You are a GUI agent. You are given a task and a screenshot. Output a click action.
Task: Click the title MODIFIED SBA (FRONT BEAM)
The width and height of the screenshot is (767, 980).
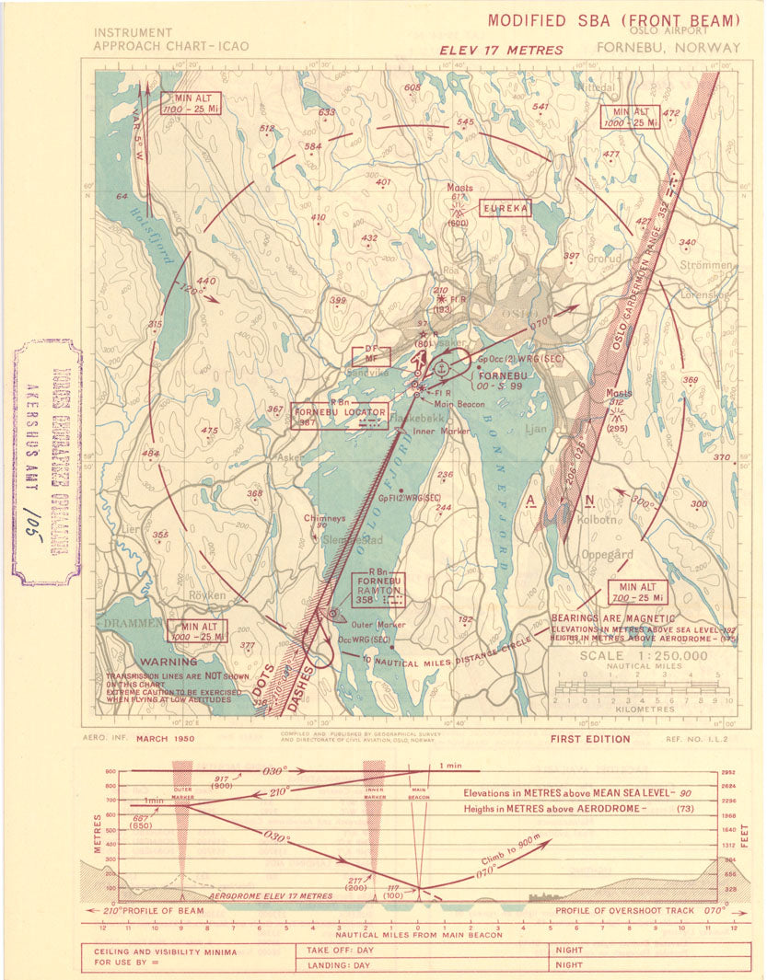[x=613, y=20]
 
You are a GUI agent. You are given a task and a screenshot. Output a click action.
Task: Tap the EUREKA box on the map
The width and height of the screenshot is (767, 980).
[x=506, y=209]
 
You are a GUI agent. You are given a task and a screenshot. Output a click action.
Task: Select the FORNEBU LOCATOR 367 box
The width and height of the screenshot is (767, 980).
[x=338, y=417]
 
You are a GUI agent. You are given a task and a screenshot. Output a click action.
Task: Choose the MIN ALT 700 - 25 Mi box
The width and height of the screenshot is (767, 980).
[x=637, y=593]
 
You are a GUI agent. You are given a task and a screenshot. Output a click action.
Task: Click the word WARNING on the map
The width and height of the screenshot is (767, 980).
[x=164, y=661]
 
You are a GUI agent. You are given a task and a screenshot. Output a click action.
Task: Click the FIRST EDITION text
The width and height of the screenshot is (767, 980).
[x=589, y=738]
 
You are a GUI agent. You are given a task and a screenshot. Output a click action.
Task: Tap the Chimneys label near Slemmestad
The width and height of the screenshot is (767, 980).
[x=324, y=518]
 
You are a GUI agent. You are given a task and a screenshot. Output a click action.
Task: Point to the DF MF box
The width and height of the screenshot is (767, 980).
[x=371, y=356]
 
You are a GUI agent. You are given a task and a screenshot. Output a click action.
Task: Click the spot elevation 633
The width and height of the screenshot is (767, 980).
[x=326, y=112]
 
